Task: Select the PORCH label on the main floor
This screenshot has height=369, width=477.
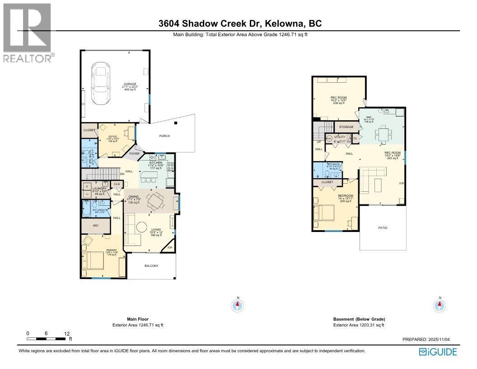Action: pos(164,136)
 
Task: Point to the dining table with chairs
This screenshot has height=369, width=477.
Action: pos(158,200)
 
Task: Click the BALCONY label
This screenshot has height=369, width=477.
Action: pos(151,266)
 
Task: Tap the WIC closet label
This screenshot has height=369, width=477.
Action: pos(95,225)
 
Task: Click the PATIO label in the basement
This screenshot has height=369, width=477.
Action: pos(383,227)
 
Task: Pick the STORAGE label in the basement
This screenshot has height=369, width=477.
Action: pos(346,127)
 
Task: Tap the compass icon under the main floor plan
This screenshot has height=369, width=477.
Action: pos(238,306)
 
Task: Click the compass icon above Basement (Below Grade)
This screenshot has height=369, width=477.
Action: pos(439,306)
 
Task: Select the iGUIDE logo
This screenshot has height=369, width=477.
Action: pos(438,352)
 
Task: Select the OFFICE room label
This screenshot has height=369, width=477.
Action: pos(112,137)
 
